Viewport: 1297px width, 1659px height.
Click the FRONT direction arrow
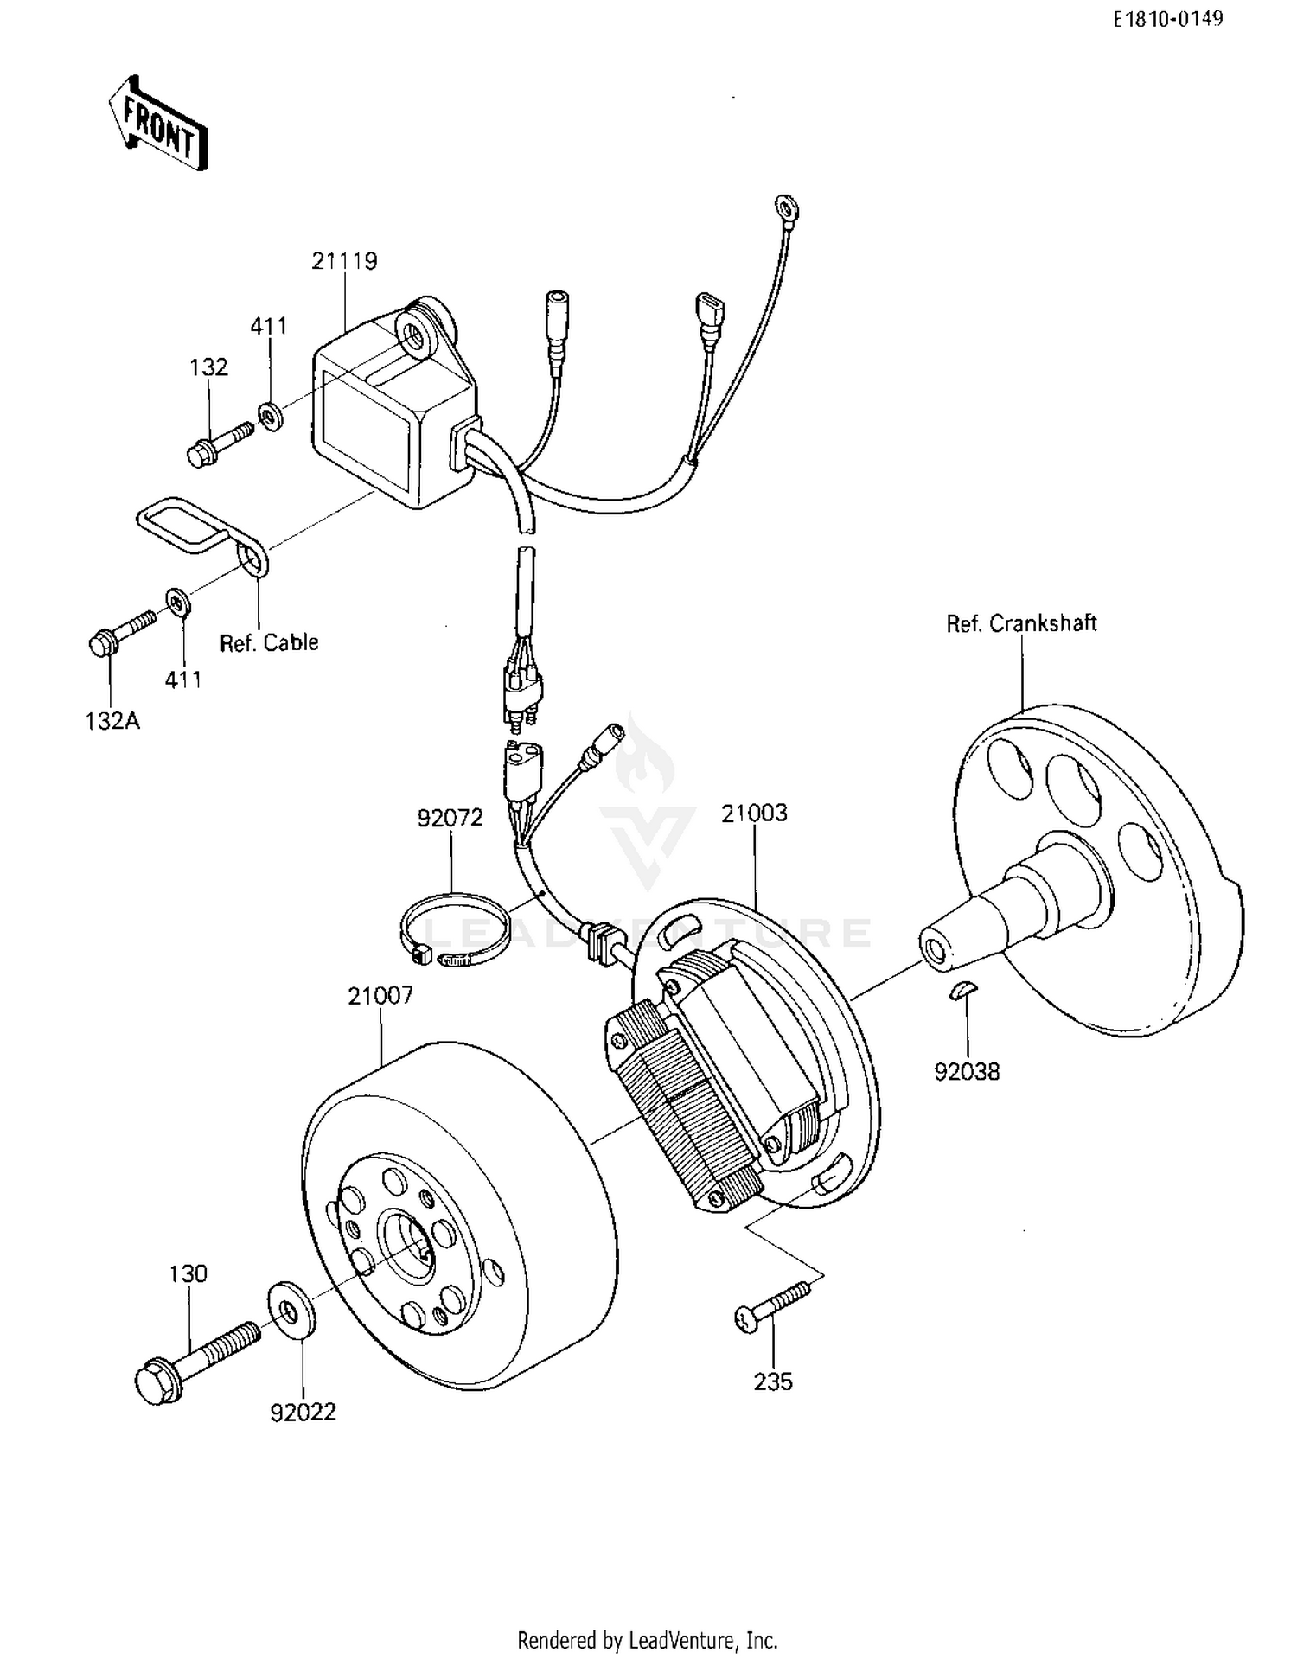pos(159,123)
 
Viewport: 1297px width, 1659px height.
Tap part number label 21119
pos(344,260)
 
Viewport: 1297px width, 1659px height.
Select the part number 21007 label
pos(380,995)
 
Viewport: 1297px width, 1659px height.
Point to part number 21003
pos(755,813)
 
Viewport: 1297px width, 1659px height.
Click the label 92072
pos(450,817)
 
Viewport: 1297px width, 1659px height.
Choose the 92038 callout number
pos(967,1071)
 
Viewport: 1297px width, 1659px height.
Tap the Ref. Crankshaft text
pos(1020,623)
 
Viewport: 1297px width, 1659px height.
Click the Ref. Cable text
pos(269,642)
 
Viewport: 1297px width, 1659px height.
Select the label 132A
pos(112,720)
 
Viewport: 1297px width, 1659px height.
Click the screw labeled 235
pos(773,1305)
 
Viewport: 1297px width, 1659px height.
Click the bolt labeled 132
pos(217,443)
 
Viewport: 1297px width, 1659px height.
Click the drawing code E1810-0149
pos(1167,19)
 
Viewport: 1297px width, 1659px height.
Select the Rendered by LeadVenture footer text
pos(647,1639)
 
